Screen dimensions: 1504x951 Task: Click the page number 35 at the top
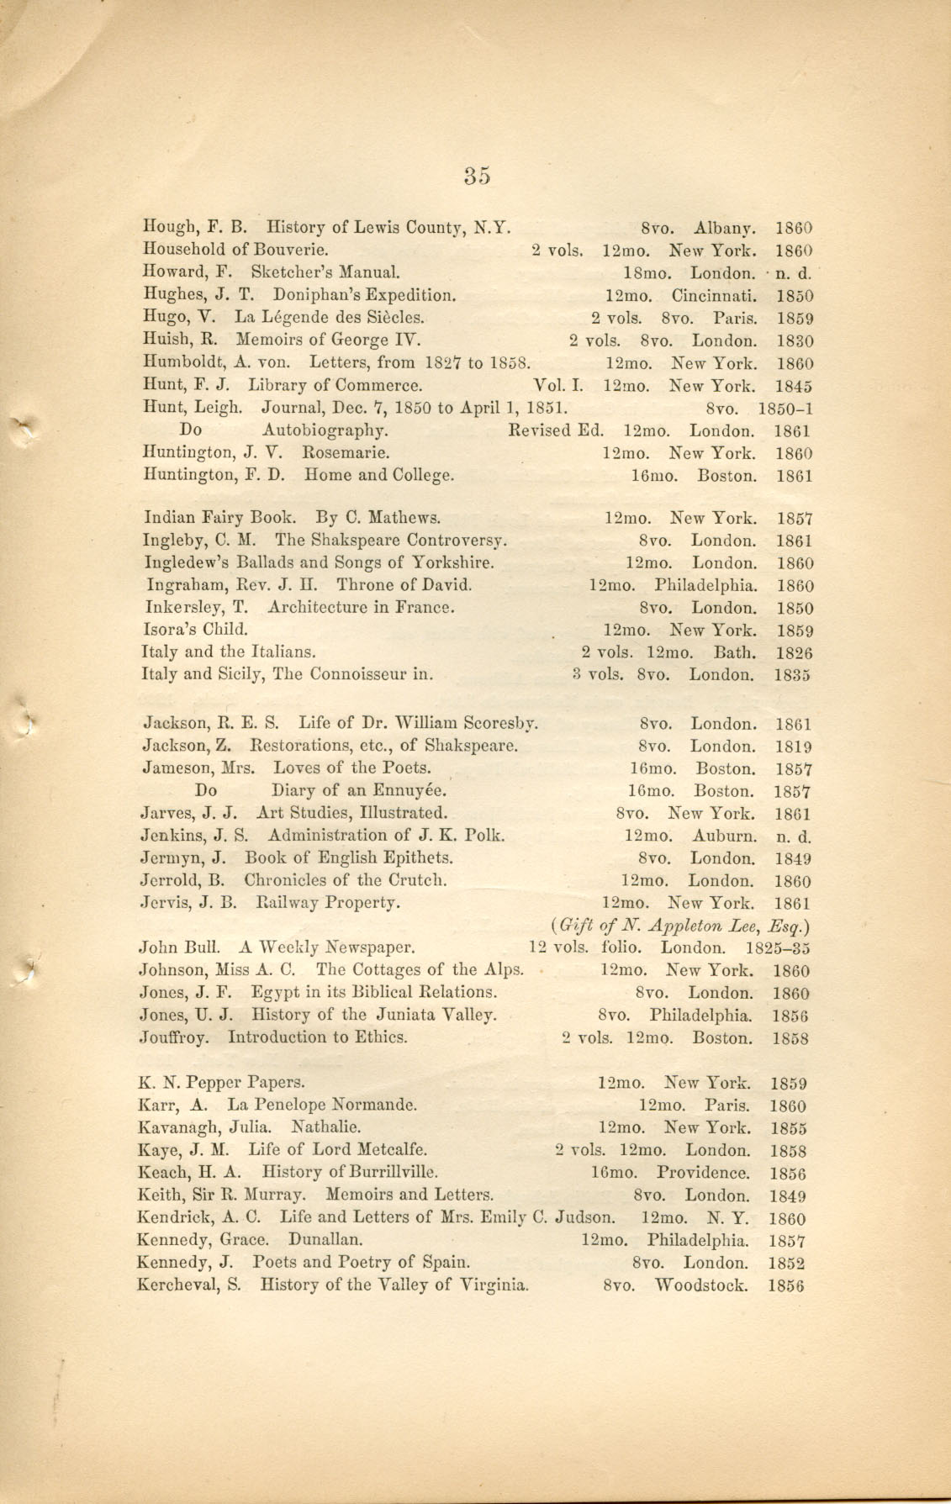(476, 175)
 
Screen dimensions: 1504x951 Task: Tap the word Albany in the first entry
(725, 228)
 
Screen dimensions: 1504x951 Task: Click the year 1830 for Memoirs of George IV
(794, 341)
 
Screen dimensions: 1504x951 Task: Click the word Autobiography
(325, 431)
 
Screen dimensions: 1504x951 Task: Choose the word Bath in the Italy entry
(735, 652)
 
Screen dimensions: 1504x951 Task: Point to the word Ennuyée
(405, 791)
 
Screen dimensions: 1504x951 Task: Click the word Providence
(703, 1173)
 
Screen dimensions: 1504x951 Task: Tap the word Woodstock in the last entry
(700, 1285)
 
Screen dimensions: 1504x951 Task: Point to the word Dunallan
(326, 1240)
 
